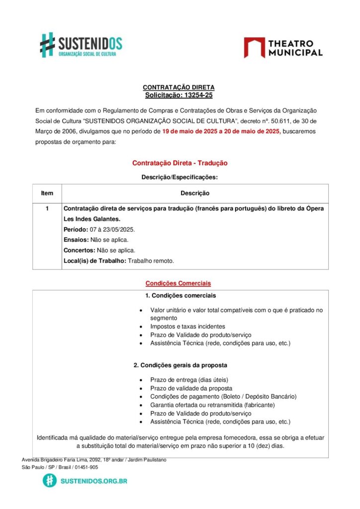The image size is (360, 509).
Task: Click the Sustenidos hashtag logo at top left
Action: (x=47, y=45)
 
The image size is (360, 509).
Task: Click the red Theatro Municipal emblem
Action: (x=254, y=48)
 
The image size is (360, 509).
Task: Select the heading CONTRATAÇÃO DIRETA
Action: (x=179, y=87)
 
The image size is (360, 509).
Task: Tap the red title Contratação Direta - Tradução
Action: (x=180, y=163)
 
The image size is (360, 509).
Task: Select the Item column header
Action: (x=47, y=193)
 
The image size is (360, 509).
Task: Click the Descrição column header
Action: (x=194, y=193)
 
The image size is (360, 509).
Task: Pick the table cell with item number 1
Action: (x=47, y=209)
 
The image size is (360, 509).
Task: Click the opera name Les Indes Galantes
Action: (x=92, y=219)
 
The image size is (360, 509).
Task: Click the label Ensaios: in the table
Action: (x=76, y=240)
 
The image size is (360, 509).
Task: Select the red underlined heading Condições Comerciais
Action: (x=178, y=283)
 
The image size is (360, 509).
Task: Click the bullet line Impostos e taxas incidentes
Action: (x=187, y=327)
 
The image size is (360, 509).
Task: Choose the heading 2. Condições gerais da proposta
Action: (x=180, y=365)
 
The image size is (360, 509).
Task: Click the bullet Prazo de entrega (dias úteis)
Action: (x=189, y=380)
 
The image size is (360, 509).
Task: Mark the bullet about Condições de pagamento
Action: (x=223, y=397)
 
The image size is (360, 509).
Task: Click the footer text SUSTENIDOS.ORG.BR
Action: (x=93, y=481)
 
